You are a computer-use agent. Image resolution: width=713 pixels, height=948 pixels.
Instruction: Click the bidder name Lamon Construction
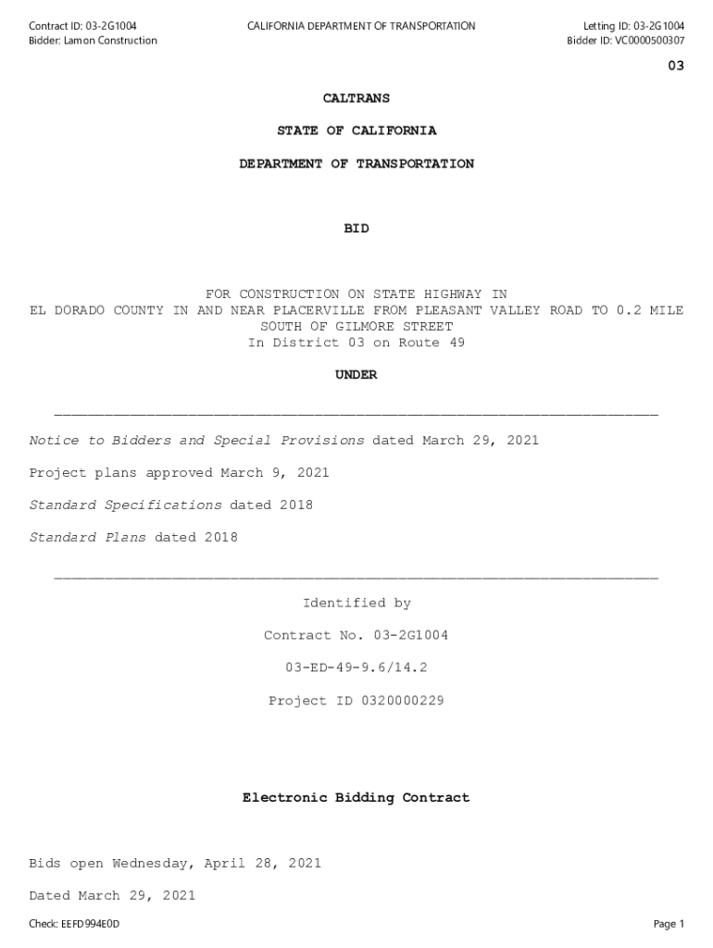[110, 41]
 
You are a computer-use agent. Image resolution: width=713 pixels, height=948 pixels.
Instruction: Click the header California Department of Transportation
[361, 26]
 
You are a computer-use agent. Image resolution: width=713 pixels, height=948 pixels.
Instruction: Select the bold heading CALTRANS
[356, 98]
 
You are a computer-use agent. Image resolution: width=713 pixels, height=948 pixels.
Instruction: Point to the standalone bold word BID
[356, 229]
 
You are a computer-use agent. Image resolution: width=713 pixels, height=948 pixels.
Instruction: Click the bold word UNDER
[356, 375]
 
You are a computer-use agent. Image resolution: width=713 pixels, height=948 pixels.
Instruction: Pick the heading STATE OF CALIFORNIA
[356, 131]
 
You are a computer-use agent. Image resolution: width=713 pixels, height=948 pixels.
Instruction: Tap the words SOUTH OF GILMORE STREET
[356, 327]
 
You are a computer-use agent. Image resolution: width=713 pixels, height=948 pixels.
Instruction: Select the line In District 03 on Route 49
[356, 343]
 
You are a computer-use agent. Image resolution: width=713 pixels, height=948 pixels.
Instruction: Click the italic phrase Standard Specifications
[126, 505]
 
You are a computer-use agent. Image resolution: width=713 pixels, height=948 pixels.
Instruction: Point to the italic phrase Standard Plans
[88, 538]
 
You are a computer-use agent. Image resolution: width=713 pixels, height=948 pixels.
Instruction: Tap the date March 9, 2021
[275, 473]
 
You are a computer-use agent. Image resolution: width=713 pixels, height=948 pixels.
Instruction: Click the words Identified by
[356, 604]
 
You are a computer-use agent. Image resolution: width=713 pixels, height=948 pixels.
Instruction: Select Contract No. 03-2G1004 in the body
[356, 636]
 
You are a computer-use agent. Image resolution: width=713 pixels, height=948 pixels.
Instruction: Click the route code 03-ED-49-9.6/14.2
[356, 668]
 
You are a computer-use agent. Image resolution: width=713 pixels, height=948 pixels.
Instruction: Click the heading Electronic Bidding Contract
[356, 797]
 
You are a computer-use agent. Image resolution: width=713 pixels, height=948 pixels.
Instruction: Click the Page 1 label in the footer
[669, 924]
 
